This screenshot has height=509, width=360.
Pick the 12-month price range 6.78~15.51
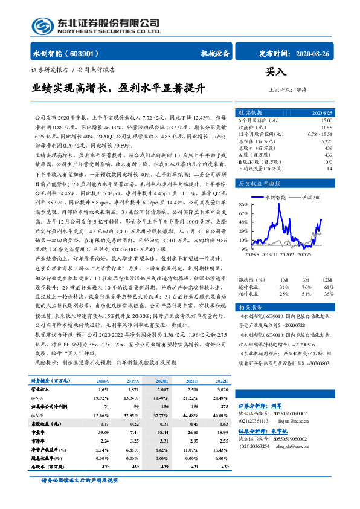(x=320, y=134)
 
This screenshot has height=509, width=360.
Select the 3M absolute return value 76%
(x=307, y=287)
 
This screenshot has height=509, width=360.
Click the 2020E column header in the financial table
(x=162, y=381)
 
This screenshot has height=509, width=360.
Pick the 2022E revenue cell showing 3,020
(x=222, y=391)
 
